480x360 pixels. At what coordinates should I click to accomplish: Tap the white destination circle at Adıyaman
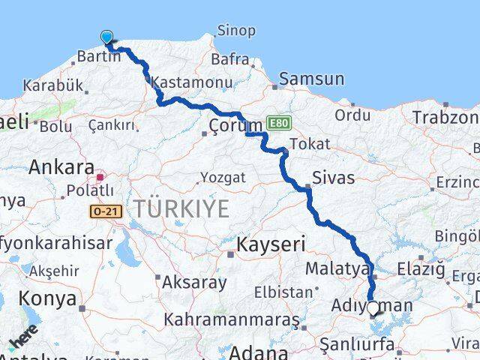click(373, 307)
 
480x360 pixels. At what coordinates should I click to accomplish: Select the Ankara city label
click(61, 167)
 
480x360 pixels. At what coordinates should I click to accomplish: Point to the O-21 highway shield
click(103, 213)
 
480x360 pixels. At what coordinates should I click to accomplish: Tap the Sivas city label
click(334, 178)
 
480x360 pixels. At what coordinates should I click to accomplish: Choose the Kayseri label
click(271, 244)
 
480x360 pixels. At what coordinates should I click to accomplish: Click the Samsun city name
click(312, 79)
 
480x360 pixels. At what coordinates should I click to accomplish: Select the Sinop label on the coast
click(235, 31)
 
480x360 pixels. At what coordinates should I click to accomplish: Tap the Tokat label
click(309, 144)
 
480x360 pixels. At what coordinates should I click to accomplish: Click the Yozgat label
click(222, 178)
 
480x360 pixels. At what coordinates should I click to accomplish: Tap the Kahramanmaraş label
click(232, 320)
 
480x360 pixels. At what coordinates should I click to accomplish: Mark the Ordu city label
click(352, 115)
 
